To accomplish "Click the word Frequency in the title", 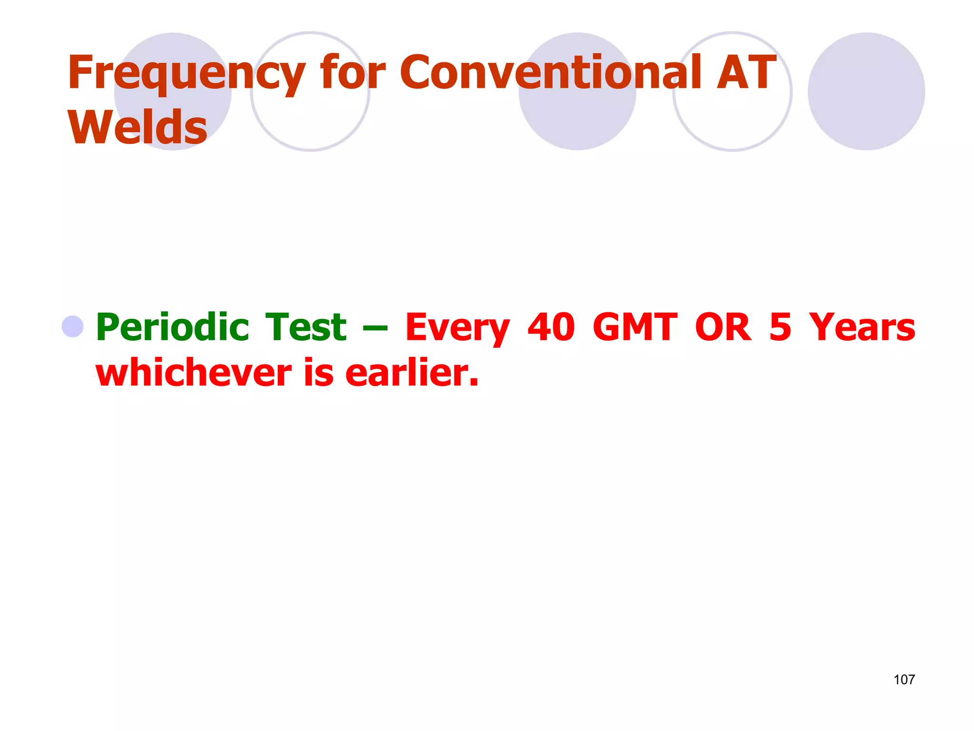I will click(x=186, y=73).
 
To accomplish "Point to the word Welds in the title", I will click(x=138, y=127).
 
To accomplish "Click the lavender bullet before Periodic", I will click(x=73, y=326).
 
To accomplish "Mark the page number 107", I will click(x=904, y=680).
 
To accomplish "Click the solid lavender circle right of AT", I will click(x=866, y=91).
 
